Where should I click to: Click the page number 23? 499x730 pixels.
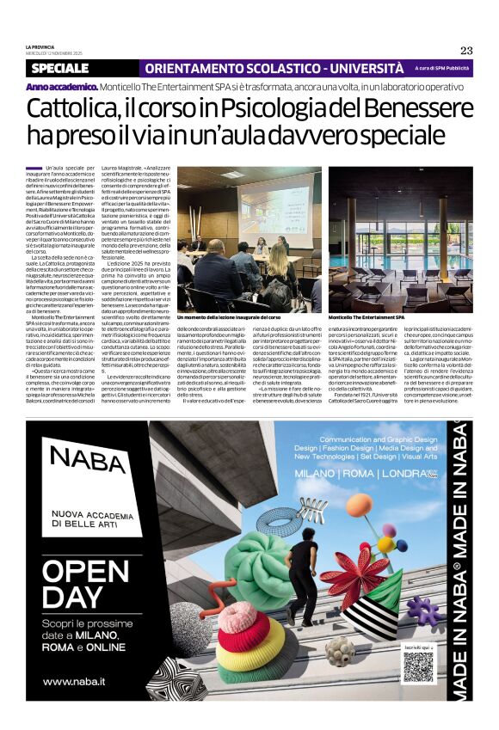tap(466, 50)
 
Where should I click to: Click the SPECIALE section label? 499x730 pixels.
tap(65, 68)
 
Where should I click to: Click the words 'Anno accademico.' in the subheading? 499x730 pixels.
tap(60, 87)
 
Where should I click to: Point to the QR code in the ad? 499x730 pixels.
tap(419, 667)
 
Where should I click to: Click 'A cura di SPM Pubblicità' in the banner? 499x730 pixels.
tap(442, 68)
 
